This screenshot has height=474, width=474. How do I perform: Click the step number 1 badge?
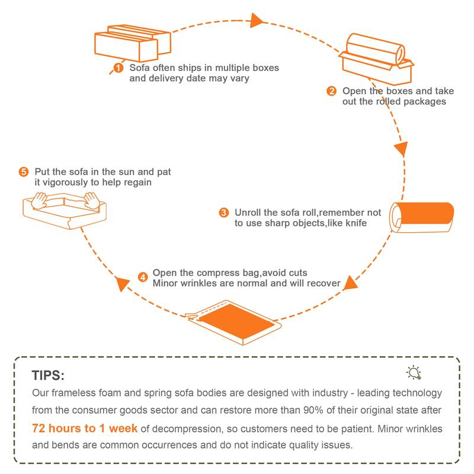point(119,68)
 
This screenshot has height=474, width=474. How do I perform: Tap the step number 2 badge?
point(332,91)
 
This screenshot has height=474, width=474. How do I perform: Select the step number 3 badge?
point(223,212)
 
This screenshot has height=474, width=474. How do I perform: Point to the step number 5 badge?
point(24,172)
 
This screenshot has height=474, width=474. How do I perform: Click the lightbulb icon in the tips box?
point(414,372)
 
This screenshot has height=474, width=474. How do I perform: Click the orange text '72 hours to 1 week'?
point(85,428)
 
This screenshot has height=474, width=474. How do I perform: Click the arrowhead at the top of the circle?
point(257,21)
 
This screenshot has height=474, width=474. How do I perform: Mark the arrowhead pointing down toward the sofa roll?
point(401,148)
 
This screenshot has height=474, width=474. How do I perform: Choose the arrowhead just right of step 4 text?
point(351,282)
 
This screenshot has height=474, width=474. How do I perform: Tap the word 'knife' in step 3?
point(353,223)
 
